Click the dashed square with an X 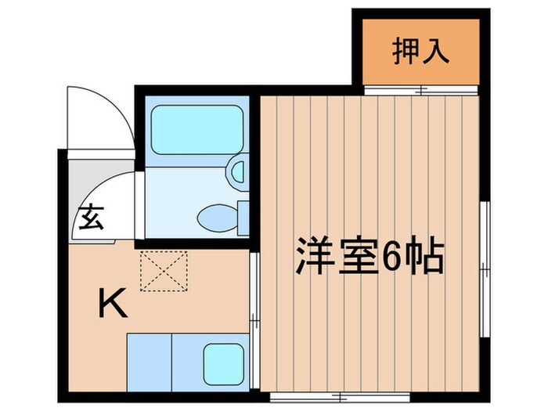(x=163, y=269)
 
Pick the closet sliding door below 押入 (x=420, y=89)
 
